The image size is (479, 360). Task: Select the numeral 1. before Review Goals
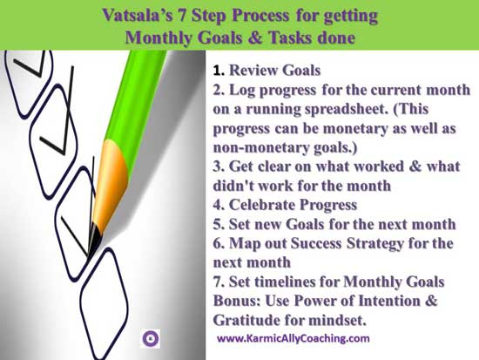(219, 71)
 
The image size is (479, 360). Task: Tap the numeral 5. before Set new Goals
(219, 224)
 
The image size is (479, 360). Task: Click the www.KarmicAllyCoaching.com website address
(293, 338)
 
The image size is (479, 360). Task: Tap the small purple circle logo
(151, 338)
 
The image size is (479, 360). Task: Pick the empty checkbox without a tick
(104, 302)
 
